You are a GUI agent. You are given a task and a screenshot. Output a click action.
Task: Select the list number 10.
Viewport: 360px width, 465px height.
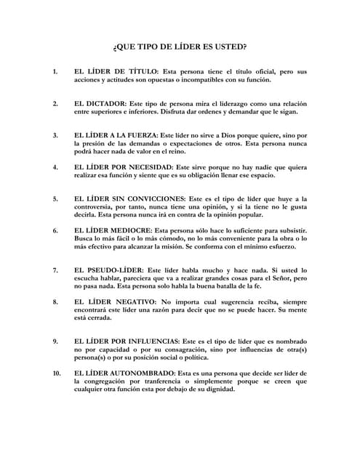[x=56, y=373]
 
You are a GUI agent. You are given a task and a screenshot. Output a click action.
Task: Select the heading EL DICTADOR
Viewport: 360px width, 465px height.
[x=102, y=103]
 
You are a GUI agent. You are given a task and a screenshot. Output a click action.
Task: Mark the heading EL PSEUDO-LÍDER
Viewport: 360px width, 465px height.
[x=110, y=270]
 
